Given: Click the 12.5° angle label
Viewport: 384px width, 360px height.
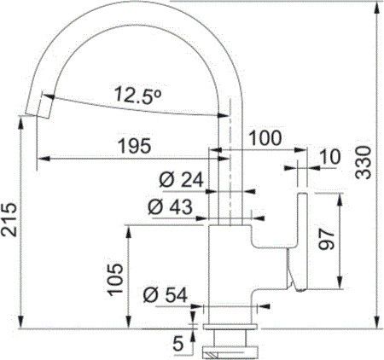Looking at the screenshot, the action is point(138,95).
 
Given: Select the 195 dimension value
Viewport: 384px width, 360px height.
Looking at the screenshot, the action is point(135,146).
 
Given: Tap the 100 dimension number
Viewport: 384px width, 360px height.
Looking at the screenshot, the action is point(265,138).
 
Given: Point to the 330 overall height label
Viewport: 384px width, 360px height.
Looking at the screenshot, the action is point(364,162).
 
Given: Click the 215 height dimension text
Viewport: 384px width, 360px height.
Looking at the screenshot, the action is point(9,219).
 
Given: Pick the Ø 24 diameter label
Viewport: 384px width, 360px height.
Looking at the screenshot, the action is point(182,180).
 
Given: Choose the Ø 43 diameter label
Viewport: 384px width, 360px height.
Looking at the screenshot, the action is point(171,206).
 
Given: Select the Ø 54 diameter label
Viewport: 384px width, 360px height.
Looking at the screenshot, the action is point(166,295).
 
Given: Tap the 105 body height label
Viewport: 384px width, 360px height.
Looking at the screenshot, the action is point(114,279).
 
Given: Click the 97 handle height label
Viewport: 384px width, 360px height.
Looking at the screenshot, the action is point(326,239).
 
